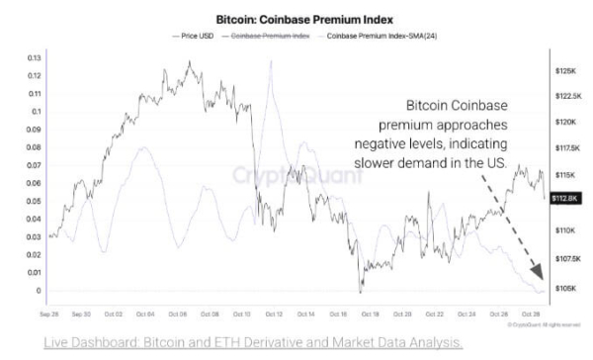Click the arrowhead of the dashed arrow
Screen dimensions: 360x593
[x=539, y=276]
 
